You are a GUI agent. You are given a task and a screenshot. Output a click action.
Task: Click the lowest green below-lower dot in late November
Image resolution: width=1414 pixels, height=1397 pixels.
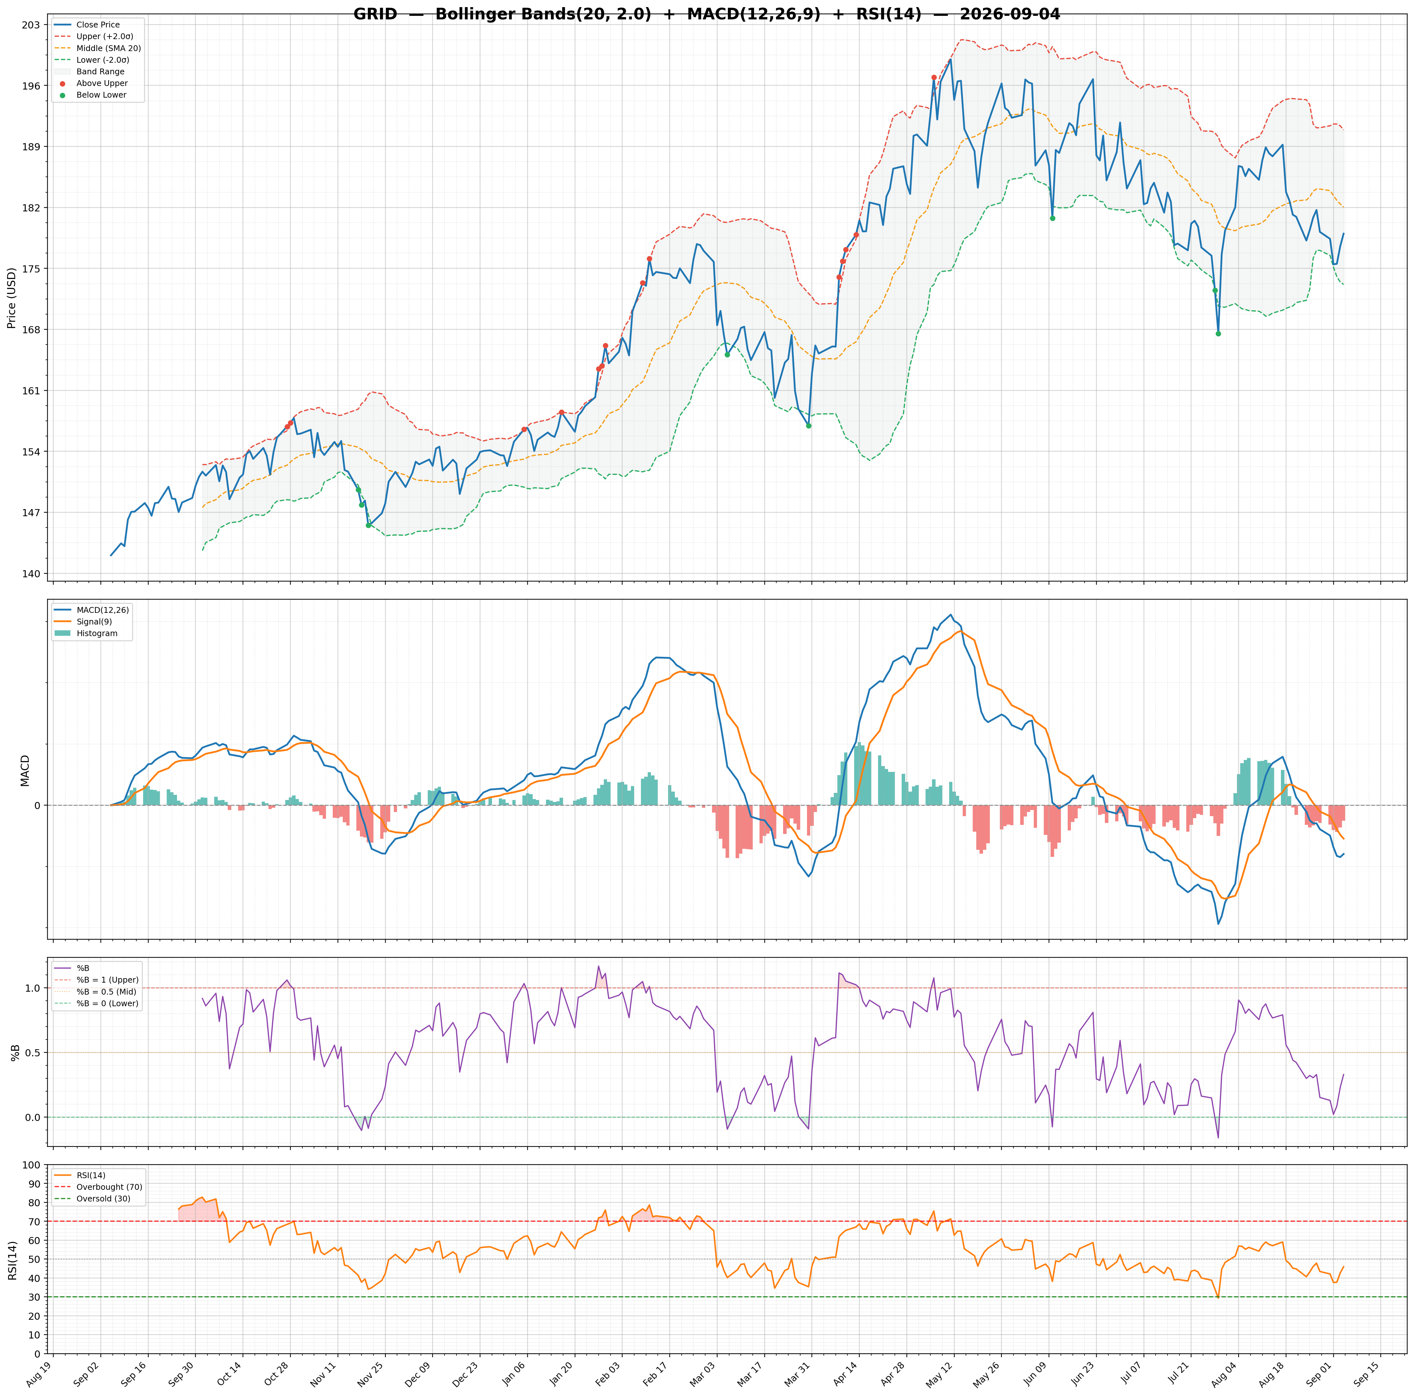(x=368, y=525)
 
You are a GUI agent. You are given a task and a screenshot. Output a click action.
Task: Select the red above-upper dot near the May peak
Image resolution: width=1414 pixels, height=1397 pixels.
(x=934, y=77)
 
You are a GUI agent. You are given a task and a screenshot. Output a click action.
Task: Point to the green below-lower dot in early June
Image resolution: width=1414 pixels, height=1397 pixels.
(x=1053, y=218)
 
